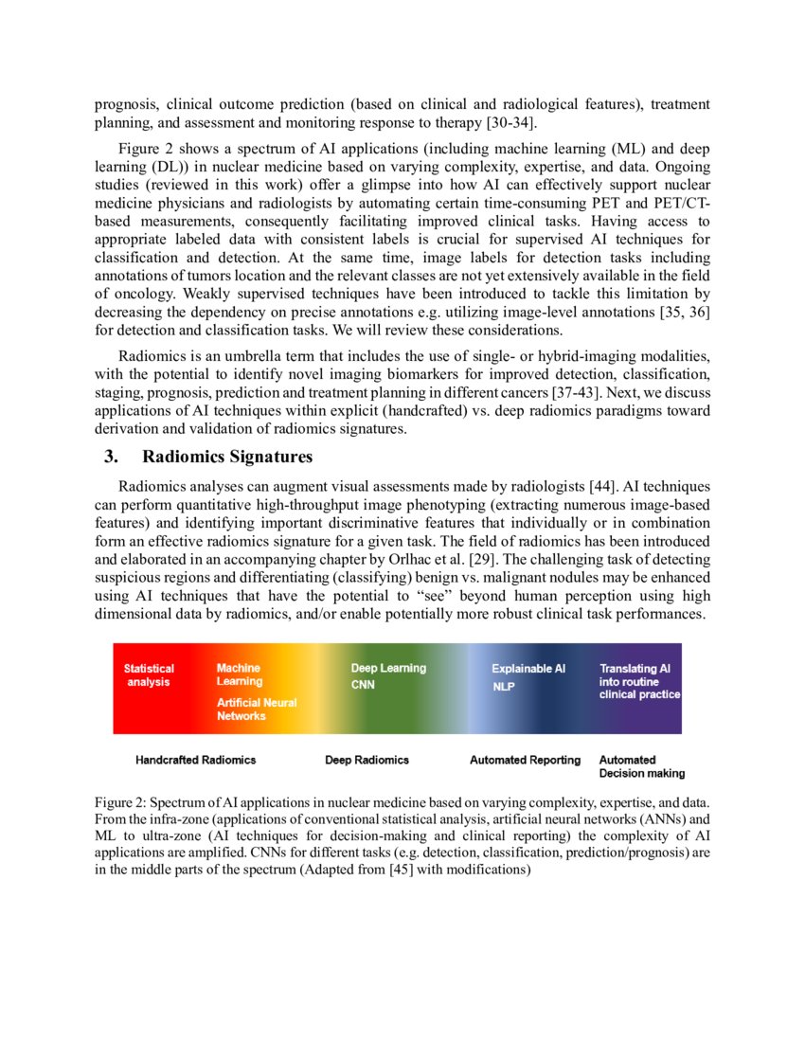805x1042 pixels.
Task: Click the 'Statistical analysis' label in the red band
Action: click(149, 674)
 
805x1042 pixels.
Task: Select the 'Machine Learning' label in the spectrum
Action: click(240, 674)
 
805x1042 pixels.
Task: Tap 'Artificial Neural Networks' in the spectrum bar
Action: click(257, 710)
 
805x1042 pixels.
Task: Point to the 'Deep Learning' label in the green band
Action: click(388, 668)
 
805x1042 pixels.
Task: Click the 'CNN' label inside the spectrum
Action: click(363, 685)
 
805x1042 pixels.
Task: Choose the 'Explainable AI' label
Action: click(528, 669)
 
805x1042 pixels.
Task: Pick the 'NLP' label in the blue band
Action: click(503, 687)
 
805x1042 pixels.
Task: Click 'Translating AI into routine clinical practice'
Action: click(639, 681)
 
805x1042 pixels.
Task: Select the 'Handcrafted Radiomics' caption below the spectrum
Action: click(195, 760)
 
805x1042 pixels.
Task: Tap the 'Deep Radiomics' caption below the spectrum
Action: click(367, 760)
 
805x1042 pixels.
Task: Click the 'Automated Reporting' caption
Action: click(525, 760)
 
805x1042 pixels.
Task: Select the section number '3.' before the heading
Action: click(111, 458)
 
